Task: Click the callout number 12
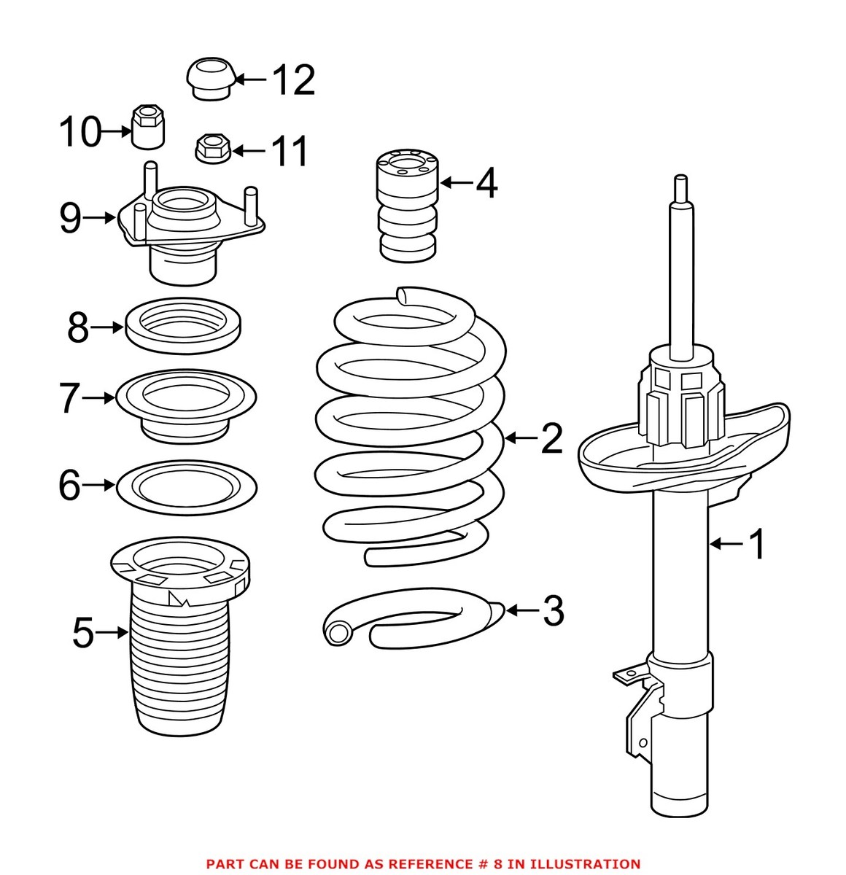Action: pyautogui.click(x=294, y=80)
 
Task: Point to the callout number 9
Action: pyautogui.click(x=70, y=218)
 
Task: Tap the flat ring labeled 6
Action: pyautogui.click(x=186, y=486)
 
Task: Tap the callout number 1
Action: pyautogui.click(x=758, y=544)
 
